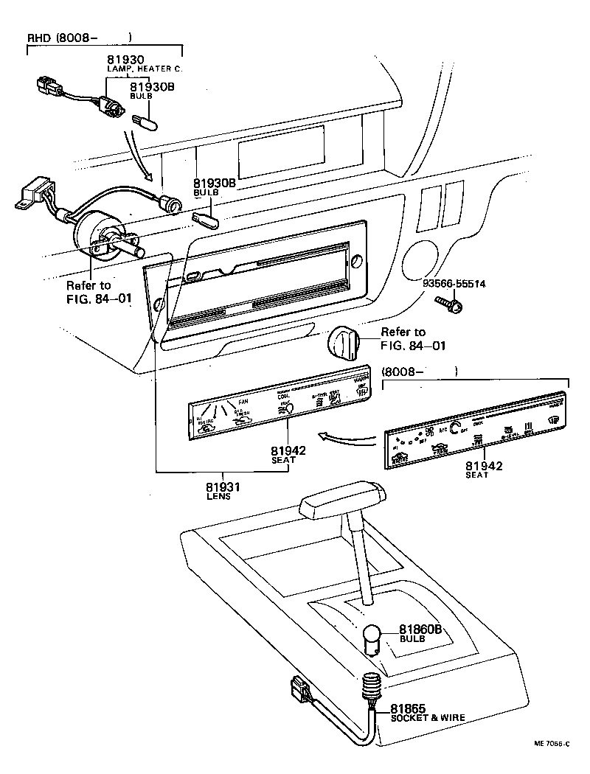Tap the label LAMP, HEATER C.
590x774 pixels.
click(x=145, y=69)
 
